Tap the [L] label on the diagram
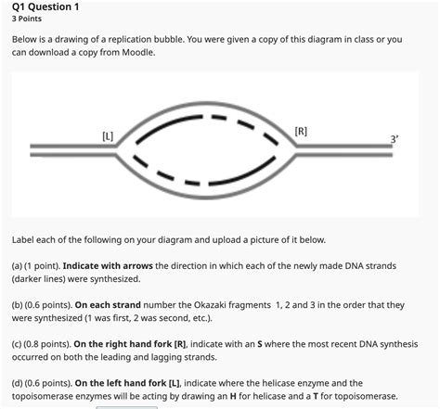click(x=108, y=137)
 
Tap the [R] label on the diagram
click(x=300, y=131)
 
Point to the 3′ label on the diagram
click(x=395, y=139)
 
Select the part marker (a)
click(x=19, y=265)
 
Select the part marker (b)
click(x=19, y=304)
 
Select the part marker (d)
click(x=19, y=382)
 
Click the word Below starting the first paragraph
click(x=28, y=41)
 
